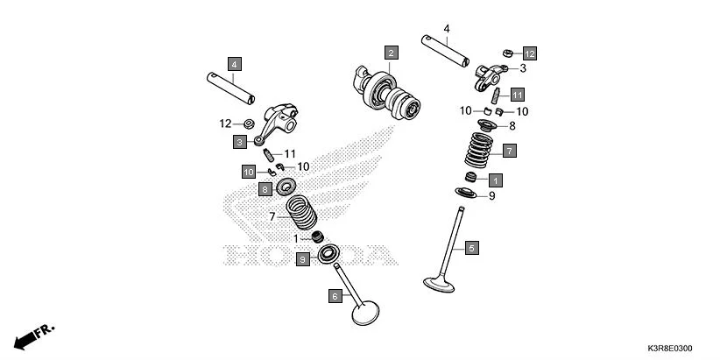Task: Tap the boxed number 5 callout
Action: [471, 248]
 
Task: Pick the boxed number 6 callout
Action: [335, 297]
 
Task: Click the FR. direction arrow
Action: [34, 336]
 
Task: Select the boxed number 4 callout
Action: [234, 63]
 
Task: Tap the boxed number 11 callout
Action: [518, 94]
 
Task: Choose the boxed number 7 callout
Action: [509, 151]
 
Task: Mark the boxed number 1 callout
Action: [496, 180]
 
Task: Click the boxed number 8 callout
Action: [264, 188]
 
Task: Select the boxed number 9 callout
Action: [301, 259]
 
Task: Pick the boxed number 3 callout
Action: [238, 141]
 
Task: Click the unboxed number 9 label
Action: [491, 196]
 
